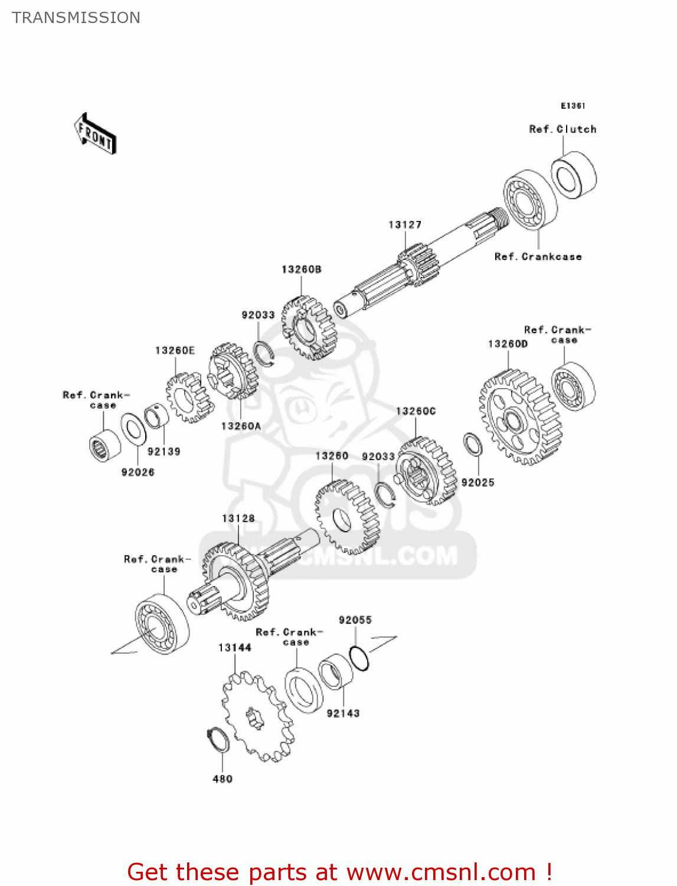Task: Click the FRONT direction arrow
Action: click(x=95, y=133)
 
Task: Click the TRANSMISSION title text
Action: click(x=76, y=18)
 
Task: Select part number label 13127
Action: click(x=405, y=224)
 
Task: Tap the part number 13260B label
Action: click(x=302, y=269)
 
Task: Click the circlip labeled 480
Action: click(x=218, y=740)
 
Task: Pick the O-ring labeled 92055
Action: click(x=359, y=659)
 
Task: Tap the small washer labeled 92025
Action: click(x=473, y=444)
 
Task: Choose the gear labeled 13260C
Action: click(x=426, y=471)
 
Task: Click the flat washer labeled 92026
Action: click(x=134, y=429)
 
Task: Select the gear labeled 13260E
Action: click(x=188, y=397)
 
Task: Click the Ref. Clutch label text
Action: click(x=562, y=129)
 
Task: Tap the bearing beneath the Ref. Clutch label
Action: click(x=574, y=175)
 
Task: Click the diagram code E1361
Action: click(x=573, y=106)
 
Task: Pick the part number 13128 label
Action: click(x=238, y=518)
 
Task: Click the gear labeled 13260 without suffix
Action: click(x=346, y=517)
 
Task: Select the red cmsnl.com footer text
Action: click(x=339, y=872)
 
